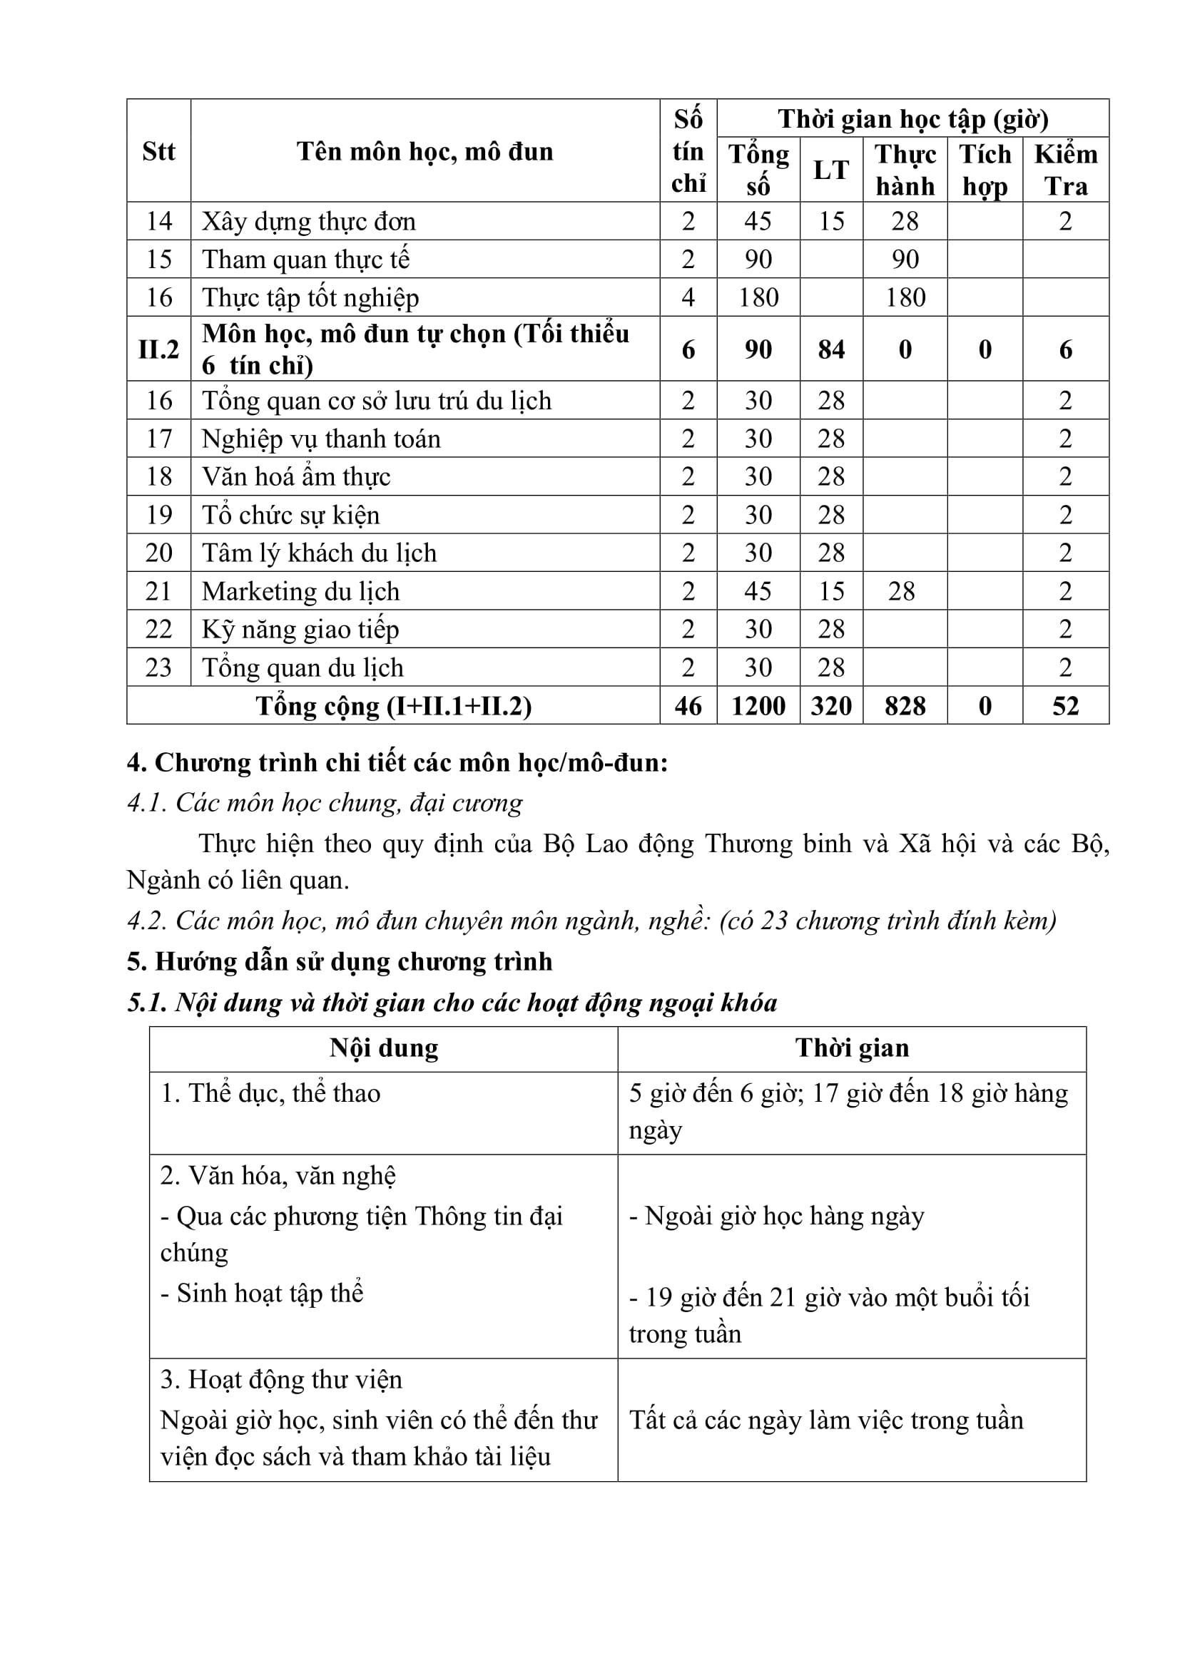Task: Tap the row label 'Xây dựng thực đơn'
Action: (309, 221)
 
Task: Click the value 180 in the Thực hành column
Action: (905, 297)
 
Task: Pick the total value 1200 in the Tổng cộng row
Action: (758, 705)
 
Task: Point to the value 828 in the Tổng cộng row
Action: (905, 705)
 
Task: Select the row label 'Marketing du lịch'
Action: (301, 591)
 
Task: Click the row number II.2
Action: (158, 349)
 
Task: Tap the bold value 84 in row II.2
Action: (831, 349)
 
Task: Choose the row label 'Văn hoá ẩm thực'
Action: (297, 476)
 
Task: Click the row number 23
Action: (158, 667)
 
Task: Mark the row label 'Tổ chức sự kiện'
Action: (290, 515)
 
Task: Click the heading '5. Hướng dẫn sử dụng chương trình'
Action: (340, 962)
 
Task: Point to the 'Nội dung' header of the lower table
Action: (384, 1048)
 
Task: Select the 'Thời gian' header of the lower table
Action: (852, 1048)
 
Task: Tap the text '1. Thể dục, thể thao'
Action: (270, 1093)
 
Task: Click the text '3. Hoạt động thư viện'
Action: (281, 1380)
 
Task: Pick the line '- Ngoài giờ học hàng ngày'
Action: (777, 1216)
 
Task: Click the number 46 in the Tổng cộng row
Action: (688, 705)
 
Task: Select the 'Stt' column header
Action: (158, 151)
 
